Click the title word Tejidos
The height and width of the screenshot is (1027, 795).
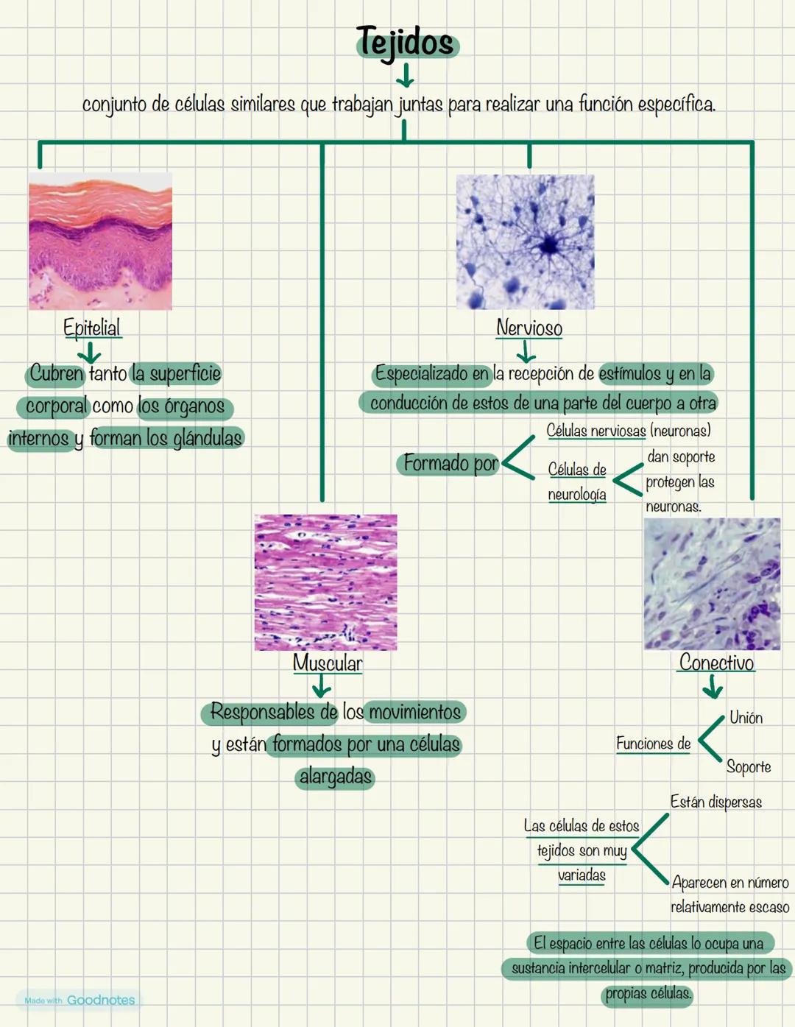click(406, 42)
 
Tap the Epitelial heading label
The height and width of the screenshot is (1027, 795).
click(92, 328)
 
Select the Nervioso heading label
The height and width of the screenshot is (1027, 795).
click(529, 328)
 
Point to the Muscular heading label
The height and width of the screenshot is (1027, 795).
click(328, 663)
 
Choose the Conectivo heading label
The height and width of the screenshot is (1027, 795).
click(716, 663)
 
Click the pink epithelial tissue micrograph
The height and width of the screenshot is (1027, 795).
click(100, 241)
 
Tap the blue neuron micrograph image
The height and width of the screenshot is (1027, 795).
click(525, 241)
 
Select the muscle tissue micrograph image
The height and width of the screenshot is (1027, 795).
click(325, 582)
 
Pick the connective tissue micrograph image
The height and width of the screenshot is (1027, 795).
click(712, 584)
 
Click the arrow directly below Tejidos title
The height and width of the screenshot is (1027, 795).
click(404, 74)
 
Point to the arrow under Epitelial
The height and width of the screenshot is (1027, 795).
click(89, 351)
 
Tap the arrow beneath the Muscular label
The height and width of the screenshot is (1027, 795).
click(322, 687)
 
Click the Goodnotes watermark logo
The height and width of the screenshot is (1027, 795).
click(79, 1000)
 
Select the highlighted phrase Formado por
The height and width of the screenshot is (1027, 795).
click(451, 463)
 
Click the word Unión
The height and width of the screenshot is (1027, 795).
click(746, 718)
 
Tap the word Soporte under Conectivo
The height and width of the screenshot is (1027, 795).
click(749, 766)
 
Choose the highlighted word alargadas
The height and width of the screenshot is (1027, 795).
click(335, 777)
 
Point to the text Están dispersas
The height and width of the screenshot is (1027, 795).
click(715, 802)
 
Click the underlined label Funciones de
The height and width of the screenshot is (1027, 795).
click(653, 744)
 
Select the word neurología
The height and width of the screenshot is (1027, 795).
click(577, 495)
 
